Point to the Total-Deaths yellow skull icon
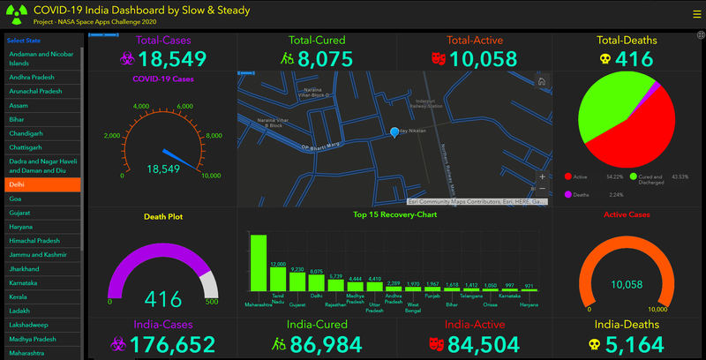click(605, 59)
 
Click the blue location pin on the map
click(394, 132)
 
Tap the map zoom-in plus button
click(542, 176)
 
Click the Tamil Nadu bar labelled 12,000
click(278, 280)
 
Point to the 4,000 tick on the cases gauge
click(141, 107)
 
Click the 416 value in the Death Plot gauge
click(162, 298)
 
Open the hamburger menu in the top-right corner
click(695, 12)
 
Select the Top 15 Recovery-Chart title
click(394, 214)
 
